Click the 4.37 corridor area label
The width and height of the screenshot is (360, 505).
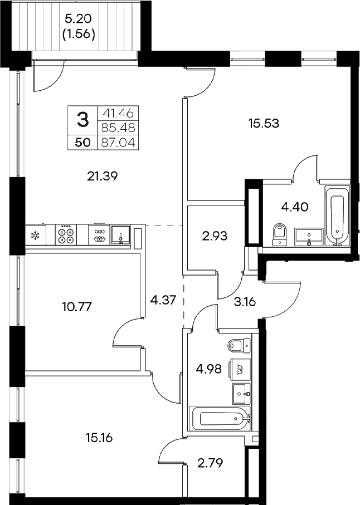[163, 300]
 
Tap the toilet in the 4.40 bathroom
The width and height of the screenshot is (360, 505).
[279, 234]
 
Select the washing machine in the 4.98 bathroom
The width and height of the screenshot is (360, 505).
[241, 369]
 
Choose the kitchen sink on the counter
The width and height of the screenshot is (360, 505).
[120, 235]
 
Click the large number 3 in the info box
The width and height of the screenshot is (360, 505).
[82, 119]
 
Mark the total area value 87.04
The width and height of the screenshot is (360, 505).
[118, 143]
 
